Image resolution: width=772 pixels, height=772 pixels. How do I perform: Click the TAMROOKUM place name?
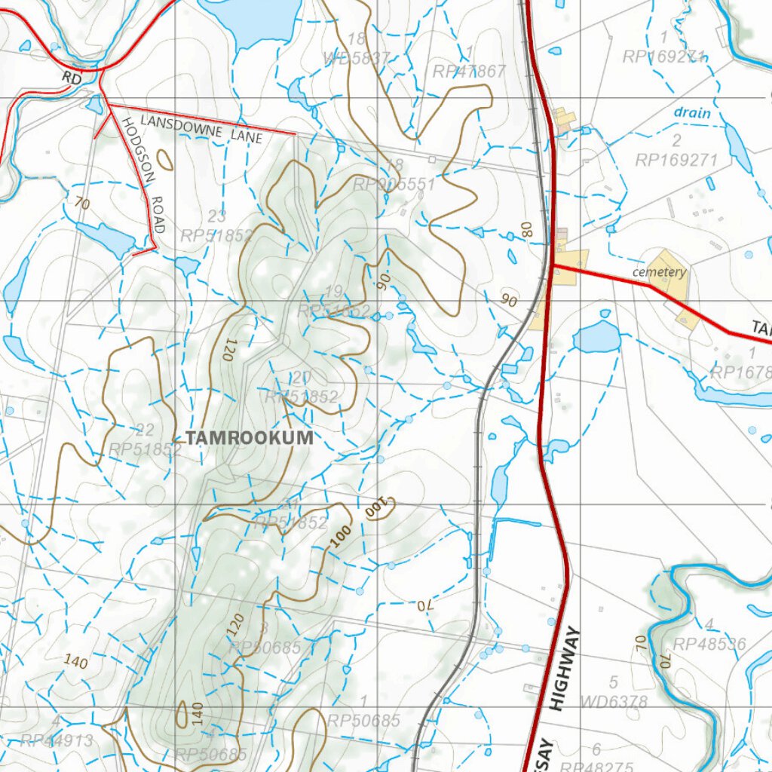pyautogui.click(x=250, y=438)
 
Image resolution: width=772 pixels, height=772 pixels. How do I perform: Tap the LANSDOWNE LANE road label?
pyautogui.click(x=201, y=129)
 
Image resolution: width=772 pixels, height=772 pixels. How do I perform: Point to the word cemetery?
pyautogui.click(x=659, y=272)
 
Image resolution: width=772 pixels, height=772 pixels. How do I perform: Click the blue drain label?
pyautogui.click(x=691, y=113)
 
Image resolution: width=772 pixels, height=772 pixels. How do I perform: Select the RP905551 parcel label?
pyautogui.click(x=394, y=185)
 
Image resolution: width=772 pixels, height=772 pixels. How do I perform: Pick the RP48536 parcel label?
pyautogui.click(x=709, y=644)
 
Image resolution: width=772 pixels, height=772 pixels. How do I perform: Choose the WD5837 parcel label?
pyautogui.click(x=357, y=58)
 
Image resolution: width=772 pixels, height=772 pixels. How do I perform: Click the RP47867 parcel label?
pyautogui.click(x=468, y=72)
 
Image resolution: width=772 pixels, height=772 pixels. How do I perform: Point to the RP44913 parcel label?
pyautogui.click(x=57, y=740)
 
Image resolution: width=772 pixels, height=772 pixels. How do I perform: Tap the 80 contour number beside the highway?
pyautogui.click(x=527, y=229)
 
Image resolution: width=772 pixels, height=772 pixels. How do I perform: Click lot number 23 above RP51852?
pyautogui.click(x=217, y=217)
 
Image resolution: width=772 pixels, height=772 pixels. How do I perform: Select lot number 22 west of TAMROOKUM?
pyautogui.click(x=145, y=430)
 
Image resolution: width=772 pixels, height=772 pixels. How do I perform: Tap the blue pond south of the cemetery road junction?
pyautogui.click(x=596, y=337)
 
